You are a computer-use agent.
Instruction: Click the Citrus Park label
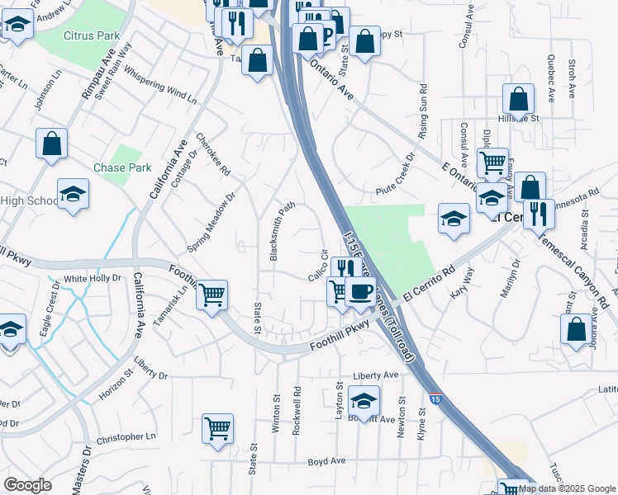tap(92, 36)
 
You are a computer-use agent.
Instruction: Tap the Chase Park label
tap(122, 167)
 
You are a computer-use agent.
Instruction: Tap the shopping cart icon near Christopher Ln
tap(217, 428)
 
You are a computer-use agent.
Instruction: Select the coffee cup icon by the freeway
tap(360, 290)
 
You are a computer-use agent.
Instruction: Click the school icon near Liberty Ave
tap(364, 401)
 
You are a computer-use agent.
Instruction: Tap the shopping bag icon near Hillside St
tap(518, 99)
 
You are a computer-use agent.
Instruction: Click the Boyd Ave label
tap(326, 462)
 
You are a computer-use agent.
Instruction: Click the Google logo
tap(27, 485)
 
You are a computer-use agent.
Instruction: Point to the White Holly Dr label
tap(93, 279)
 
